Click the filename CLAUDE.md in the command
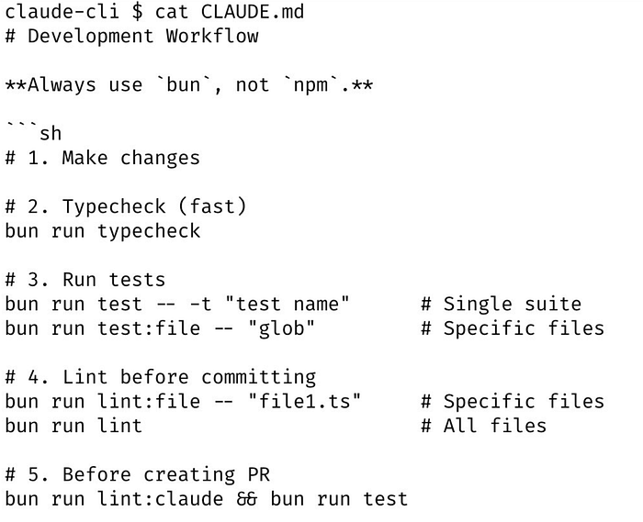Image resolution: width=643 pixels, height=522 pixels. click(253, 11)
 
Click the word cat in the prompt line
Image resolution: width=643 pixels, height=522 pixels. click(172, 11)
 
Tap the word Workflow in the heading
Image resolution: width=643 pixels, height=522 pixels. click(212, 36)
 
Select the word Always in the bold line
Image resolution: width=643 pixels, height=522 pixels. click(62, 84)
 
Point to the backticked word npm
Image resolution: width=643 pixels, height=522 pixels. click(310, 85)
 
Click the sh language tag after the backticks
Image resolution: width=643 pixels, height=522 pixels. click(51, 133)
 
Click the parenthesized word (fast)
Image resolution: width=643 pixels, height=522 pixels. click(213, 206)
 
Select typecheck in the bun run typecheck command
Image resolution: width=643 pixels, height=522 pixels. click(149, 231)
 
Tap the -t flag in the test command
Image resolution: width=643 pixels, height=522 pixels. click(201, 305)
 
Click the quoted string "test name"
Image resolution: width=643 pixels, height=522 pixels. click(287, 304)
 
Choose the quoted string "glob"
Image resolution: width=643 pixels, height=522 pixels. click(281, 328)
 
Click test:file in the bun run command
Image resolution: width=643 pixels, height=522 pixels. click(149, 328)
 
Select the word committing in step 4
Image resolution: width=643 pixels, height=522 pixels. click(259, 377)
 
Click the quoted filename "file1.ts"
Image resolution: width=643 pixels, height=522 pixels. click(304, 401)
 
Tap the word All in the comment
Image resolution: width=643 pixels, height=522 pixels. click(459, 426)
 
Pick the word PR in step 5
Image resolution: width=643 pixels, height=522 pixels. click(259, 474)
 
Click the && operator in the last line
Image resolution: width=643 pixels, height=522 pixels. click(247, 499)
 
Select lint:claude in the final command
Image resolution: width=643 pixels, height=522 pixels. click(161, 499)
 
